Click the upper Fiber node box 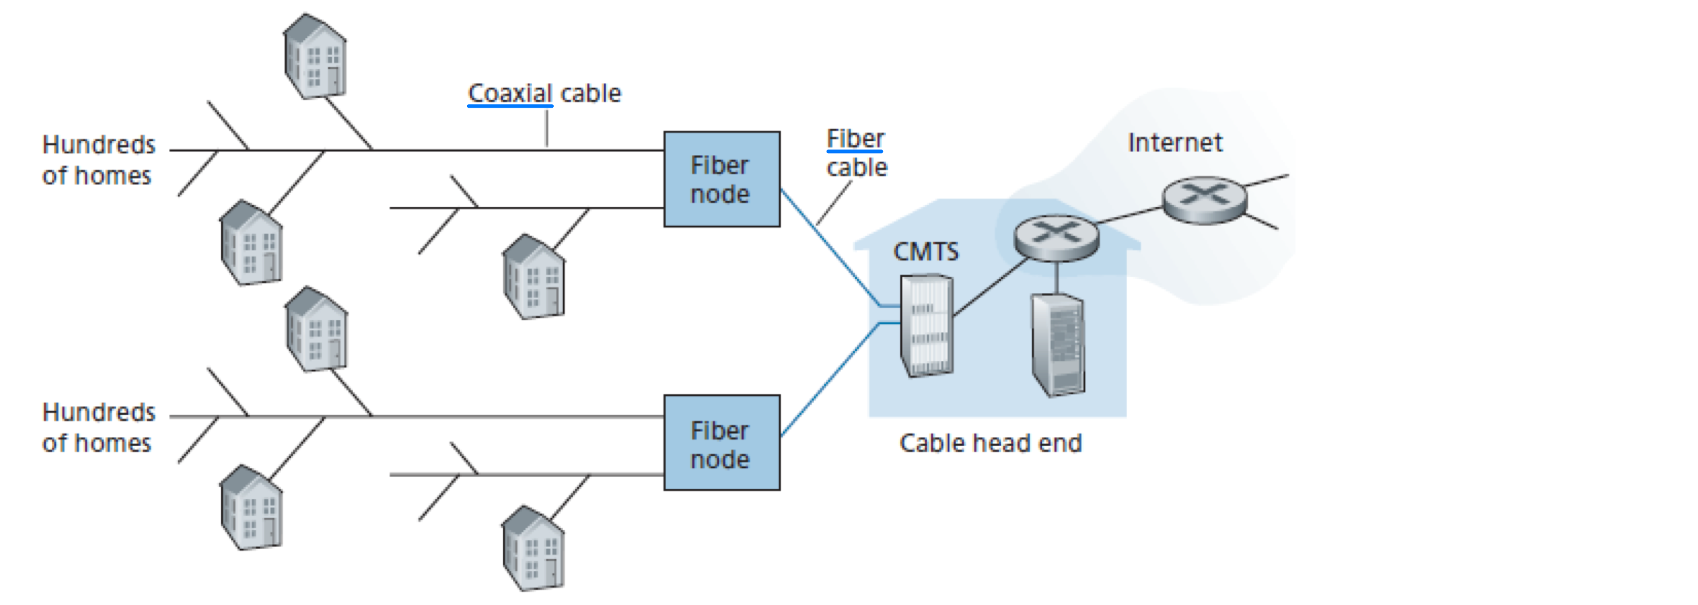click(x=722, y=179)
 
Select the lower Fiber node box click(x=722, y=443)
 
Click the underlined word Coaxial click(x=510, y=94)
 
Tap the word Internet click(x=1175, y=143)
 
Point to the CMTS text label click(x=925, y=252)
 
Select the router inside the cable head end click(x=1056, y=237)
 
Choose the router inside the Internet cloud click(x=1204, y=200)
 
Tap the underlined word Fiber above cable click(x=855, y=139)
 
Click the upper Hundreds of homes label click(x=98, y=160)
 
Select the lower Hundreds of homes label click(x=98, y=428)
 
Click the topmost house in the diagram click(x=315, y=57)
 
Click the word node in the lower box click(x=720, y=459)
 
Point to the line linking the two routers click(x=1130, y=215)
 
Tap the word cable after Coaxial click(x=591, y=94)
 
